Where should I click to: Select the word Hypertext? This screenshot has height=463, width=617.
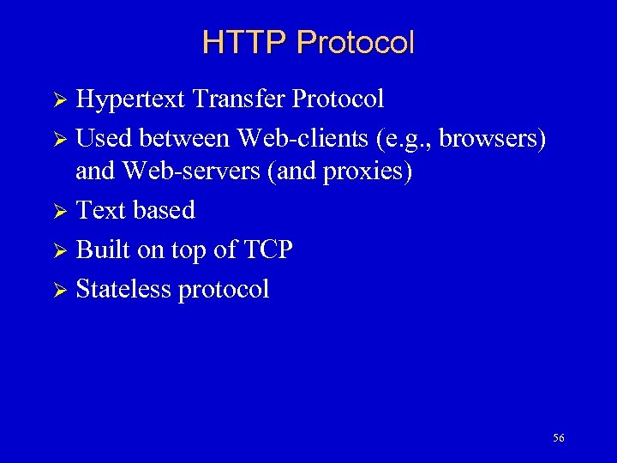131,99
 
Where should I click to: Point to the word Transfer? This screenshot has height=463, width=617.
239,99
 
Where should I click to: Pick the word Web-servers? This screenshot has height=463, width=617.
191,171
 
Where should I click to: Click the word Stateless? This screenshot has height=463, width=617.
123,289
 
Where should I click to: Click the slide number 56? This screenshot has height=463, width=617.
559,438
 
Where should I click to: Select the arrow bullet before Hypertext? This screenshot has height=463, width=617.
59,100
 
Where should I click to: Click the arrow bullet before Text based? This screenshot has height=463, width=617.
59,211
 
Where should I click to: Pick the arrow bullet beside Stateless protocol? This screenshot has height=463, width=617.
59,290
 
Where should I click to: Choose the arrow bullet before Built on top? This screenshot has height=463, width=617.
59,250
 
